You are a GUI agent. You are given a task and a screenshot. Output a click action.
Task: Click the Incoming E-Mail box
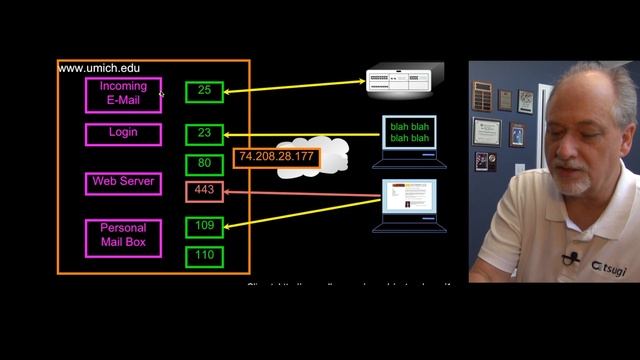coord(123,93)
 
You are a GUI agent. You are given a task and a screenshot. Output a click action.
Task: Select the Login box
coord(123,133)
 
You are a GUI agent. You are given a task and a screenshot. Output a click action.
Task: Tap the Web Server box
coord(123,182)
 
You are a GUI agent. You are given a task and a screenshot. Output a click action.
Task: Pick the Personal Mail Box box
coord(123,239)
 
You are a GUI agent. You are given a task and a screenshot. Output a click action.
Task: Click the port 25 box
coord(204,91)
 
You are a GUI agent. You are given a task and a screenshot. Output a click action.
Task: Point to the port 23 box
coord(204,134)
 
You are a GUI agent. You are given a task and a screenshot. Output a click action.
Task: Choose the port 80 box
coord(204,163)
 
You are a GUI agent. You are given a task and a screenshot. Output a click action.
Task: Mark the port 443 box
coord(204,191)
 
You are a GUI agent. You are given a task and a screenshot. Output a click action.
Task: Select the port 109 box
coord(204,226)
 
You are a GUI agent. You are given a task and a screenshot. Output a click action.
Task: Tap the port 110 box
coord(204,256)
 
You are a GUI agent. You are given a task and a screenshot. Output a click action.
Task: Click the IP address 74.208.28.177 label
coord(275,157)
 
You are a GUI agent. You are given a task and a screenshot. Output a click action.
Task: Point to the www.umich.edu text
coord(99,68)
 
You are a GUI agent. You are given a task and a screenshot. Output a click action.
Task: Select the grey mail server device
coord(406,82)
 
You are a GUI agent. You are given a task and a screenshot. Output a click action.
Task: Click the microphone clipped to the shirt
coord(571,259)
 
